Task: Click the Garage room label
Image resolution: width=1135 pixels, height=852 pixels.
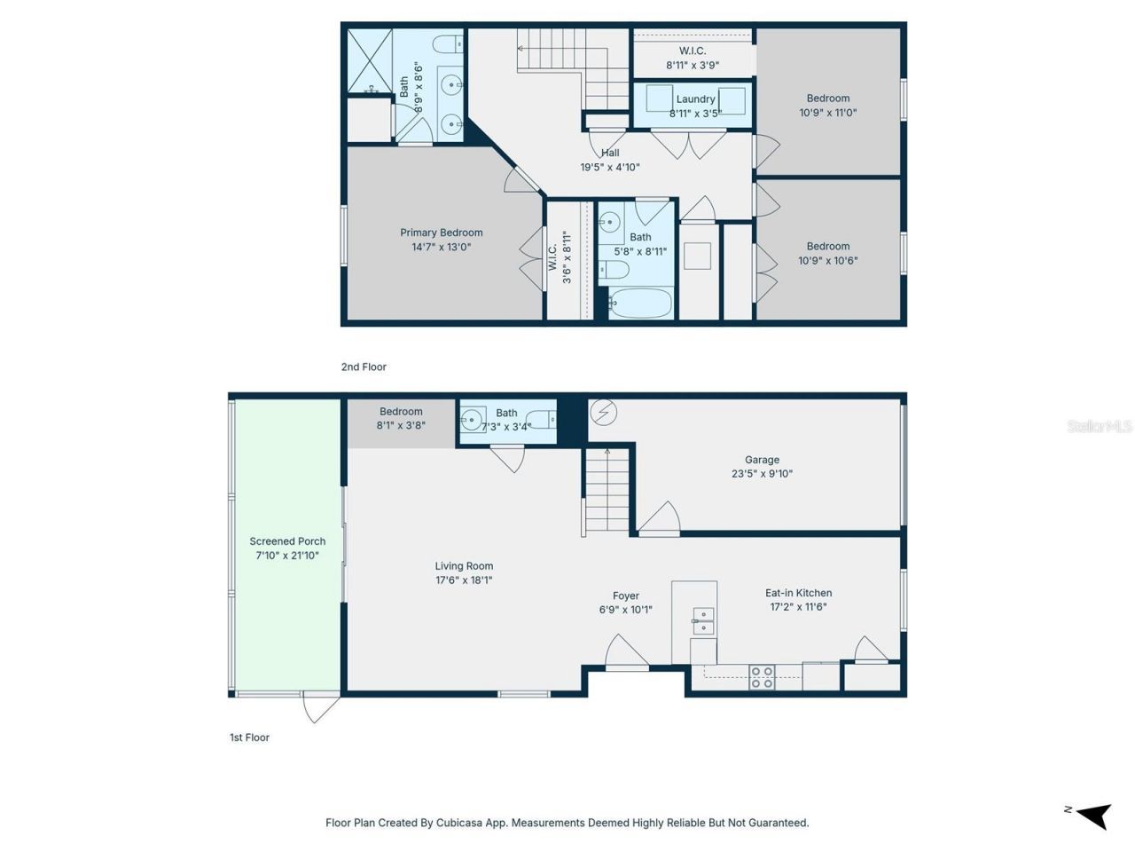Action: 761,460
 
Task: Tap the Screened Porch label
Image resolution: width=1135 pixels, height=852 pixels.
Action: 287,541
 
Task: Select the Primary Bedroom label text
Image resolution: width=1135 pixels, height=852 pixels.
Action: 441,233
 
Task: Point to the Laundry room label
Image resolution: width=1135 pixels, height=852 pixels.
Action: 695,99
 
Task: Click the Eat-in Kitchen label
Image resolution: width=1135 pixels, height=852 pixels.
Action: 798,593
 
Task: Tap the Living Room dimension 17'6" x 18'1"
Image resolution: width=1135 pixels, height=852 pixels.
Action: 464,580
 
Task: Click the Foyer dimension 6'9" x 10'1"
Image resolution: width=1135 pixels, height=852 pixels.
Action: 626,610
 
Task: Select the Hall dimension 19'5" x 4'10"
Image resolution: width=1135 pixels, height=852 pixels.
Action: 610,167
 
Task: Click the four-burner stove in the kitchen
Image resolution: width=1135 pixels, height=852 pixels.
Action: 762,677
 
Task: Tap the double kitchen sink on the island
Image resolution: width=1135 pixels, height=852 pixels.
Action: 703,621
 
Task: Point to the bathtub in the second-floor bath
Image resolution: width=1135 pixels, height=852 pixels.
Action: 640,304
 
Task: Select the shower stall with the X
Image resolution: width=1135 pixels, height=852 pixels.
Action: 370,61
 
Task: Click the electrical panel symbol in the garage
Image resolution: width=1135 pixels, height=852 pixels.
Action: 604,413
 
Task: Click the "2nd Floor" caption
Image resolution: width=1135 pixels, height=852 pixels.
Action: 364,367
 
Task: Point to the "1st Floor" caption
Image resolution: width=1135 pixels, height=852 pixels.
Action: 250,738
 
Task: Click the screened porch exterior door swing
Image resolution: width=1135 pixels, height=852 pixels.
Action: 321,707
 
